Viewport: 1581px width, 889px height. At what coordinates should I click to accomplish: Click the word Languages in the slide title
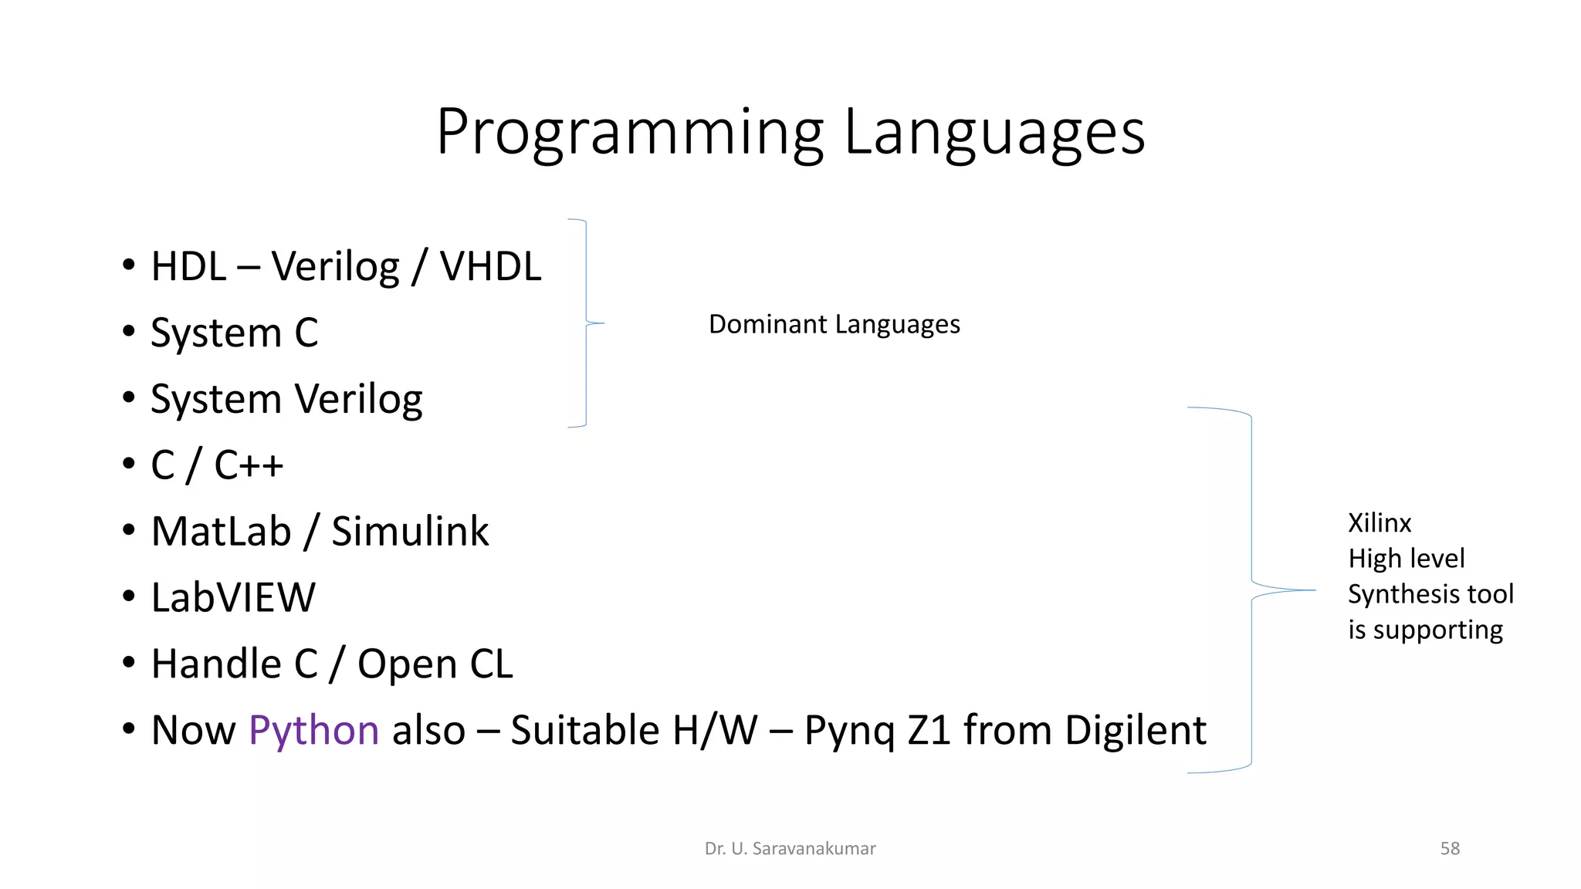click(x=994, y=133)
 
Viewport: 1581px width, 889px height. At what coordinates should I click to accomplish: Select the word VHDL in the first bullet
click(x=490, y=267)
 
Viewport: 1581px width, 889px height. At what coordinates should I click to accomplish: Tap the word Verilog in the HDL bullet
click(x=336, y=267)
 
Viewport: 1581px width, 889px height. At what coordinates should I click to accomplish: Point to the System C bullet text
click(x=234, y=333)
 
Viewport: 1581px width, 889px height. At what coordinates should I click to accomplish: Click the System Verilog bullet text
click(x=286, y=400)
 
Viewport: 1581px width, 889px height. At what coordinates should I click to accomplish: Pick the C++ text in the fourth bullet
click(x=249, y=465)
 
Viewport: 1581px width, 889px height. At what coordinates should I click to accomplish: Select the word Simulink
click(x=410, y=532)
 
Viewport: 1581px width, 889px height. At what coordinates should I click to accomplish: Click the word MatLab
click(x=221, y=532)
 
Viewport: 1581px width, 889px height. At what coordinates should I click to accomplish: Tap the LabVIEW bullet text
click(x=233, y=598)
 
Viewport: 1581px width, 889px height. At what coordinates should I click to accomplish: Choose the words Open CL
click(x=435, y=664)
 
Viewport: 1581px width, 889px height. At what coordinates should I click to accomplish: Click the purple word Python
click(x=313, y=731)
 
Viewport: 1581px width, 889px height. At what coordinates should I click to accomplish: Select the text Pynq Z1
click(x=876, y=731)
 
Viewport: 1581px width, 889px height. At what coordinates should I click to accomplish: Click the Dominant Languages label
click(x=834, y=324)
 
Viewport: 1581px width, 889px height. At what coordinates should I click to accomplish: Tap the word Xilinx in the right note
click(x=1380, y=523)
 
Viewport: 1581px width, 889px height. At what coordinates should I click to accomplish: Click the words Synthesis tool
click(x=1430, y=594)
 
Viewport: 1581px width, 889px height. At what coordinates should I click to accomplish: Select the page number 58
click(x=1450, y=849)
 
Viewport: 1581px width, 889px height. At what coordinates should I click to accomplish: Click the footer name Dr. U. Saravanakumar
click(x=790, y=849)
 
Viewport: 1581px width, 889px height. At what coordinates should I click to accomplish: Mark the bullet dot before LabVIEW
click(x=129, y=597)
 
